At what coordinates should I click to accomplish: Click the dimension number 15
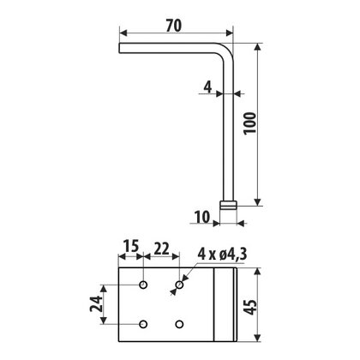[130, 248]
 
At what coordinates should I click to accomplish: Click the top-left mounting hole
[142, 283]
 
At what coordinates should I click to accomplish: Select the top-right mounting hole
[178, 283]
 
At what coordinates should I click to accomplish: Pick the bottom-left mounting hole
[142, 323]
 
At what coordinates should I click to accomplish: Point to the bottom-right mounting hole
[178, 323]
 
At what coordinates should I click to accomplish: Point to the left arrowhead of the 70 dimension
[123, 35]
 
